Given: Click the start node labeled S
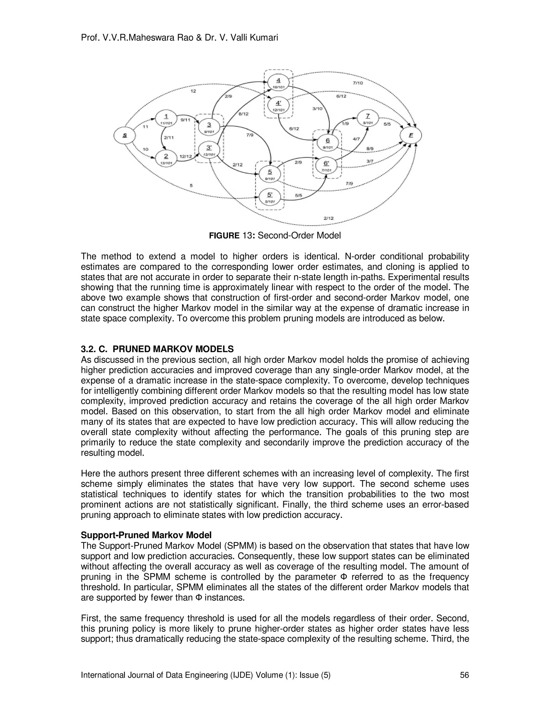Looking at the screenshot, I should (x=124, y=135).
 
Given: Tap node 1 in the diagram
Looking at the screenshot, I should (x=166, y=119).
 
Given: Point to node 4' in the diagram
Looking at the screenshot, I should (x=278, y=105).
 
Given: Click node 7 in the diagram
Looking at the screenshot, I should (x=368, y=118).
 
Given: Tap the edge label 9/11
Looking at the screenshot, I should (x=185, y=120).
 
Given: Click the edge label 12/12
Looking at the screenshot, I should (x=186, y=156).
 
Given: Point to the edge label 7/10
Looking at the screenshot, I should (x=358, y=83).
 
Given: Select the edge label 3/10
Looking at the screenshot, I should (x=317, y=109).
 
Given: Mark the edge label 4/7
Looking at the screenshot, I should (x=356, y=139).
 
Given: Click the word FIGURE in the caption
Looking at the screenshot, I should (x=224, y=235).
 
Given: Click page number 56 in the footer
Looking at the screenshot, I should (x=464, y=675).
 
